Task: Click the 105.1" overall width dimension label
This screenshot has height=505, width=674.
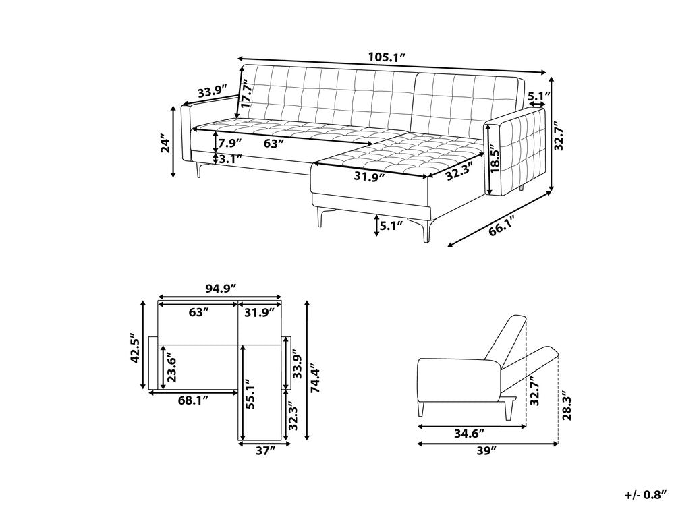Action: tap(387, 56)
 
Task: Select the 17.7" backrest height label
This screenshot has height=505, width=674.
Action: tap(246, 93)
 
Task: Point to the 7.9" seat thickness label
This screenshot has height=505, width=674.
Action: tap(230, 142)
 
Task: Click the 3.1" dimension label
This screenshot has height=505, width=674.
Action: tap(231, 159)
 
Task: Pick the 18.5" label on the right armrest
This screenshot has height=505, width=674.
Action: tap(495, 160)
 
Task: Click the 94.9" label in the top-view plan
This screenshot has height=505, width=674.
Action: tap(221, 288)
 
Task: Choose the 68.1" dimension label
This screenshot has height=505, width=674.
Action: tap(193, 400)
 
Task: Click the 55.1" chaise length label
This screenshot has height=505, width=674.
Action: tap(252, 393)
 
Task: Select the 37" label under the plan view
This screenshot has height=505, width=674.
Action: tap(265, 450)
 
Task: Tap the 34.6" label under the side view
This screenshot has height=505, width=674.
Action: tap(469, 433)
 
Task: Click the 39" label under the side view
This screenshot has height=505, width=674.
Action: tap(487, 450)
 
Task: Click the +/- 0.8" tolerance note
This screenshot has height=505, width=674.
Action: tap(649, 495)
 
